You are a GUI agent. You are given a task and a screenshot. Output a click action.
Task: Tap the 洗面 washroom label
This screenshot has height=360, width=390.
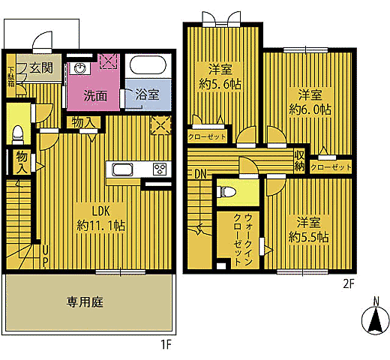(x=94, y=96)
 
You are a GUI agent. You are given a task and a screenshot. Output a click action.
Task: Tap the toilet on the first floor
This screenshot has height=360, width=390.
(x=18, y=132)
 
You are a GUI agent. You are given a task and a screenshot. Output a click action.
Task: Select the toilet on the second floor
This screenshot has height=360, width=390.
(x=228, y=193)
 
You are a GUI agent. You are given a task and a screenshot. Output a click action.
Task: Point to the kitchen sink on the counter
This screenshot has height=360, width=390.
(x=122, y=168)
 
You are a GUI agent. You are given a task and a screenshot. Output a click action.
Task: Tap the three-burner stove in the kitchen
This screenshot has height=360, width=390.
(x=159, y=168)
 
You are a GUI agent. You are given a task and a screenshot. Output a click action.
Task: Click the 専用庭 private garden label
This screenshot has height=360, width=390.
(x=84, y=302)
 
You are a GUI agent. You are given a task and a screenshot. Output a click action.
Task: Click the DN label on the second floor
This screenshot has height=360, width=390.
(x=200, y=175)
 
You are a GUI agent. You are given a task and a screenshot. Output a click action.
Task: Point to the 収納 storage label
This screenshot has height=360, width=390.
(x=299, y=160)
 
